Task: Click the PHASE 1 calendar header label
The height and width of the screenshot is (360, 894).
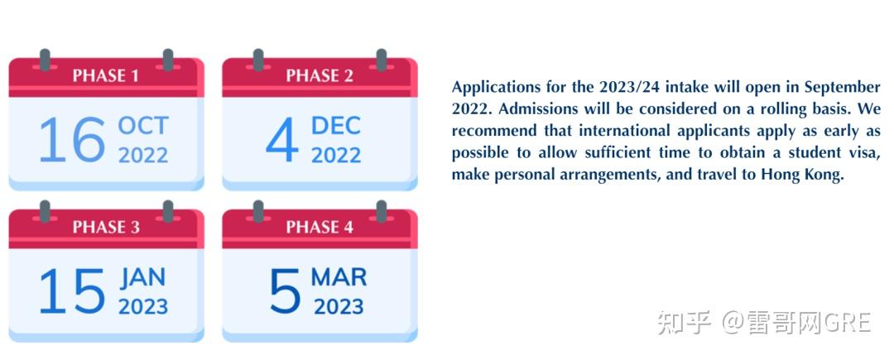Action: pyautogui.click(x=105, y=76)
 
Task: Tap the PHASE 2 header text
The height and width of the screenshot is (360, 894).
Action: pyautogui.click(x=320, y=76)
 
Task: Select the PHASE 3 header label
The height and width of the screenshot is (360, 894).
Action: pyautogui.click(x=106, y=228)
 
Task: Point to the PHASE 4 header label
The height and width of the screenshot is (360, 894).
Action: pyautogui.click(x=320, y=228)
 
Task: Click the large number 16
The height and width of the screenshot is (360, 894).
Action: pyautogui.click(x=72, y=140)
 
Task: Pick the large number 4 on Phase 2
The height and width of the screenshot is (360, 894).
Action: pyautogui.click(x=282, y=140)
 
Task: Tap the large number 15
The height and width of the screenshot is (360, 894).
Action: pyautogui.click(x=72, y=291)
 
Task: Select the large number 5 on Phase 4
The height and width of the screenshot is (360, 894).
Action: pyautogui.click(x=285, y=291)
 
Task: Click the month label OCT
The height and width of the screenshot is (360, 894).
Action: pyautogui.click(x=143, y=125)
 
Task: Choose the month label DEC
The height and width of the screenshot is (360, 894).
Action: pyautogui.click(x=336, y=125)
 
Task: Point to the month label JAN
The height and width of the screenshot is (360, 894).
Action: pyautogui.click(x=142, y=277)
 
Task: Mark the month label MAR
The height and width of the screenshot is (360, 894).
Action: pyautogui.click(x=339, y=277)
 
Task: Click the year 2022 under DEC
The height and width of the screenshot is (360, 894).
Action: pyautogui.click(x=336, y=155)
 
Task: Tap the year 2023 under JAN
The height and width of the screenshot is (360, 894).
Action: pyautogui.click(x=143, y=306)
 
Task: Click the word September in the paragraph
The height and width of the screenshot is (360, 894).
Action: pyautogui.click(x=842, y=88)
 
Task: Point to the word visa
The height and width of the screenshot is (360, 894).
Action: pyautogui.click(x=866, y=152)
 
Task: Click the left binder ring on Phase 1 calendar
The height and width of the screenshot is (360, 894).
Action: pyautogui.click(x=45, y=60)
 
